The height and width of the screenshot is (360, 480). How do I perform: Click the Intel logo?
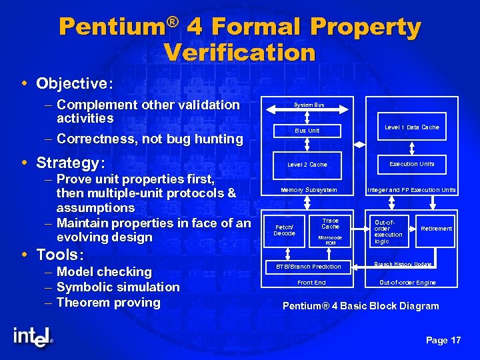click(x=31, y=336)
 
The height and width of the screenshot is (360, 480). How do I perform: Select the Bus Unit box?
click(x=307, y=131)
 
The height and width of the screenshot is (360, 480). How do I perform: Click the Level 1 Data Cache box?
click(x=411, y=127)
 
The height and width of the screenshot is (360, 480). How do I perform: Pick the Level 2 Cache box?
click(x=307, y=165)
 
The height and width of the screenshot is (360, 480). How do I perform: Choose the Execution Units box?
click(x=411, y=164)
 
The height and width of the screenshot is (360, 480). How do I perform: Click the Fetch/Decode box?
click(x=285, y=230)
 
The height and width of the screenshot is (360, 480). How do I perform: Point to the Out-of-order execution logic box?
click(x=389, y=230)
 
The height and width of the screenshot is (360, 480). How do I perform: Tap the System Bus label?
click(x=309, y=105)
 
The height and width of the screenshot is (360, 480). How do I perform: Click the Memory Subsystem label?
click(x=309, y=190)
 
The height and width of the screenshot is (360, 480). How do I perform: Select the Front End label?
click(x=311, y=283)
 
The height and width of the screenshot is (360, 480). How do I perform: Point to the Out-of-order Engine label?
click(x=407, y=283)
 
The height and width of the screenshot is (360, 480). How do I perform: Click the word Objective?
click(x=74, y=83)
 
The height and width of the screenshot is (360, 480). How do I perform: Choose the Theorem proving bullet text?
click(x=109, y=303)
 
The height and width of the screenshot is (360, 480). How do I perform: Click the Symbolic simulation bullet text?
click(x=118, y=287)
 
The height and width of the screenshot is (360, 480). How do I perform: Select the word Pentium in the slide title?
click(x=111, y=27)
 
